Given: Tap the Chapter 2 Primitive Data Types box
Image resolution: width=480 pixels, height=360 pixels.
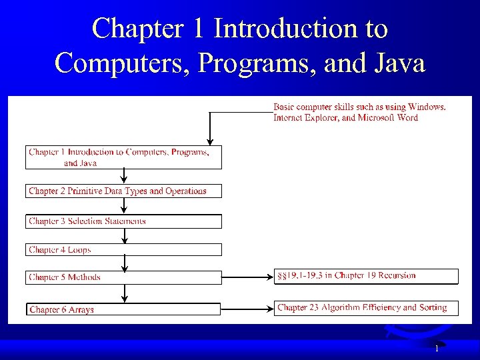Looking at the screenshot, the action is pos(123,191).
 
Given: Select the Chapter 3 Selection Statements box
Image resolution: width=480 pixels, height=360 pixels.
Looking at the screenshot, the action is pos(123,221).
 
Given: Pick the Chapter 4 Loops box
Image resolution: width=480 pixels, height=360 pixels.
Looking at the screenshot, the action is pos(123,250).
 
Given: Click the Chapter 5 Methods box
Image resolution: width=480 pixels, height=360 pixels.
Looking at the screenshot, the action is pos(123,277).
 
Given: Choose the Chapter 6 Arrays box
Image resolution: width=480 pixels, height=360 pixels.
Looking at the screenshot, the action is pos(123,309).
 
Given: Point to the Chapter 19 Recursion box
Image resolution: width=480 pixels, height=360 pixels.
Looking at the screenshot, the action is pos(366,275).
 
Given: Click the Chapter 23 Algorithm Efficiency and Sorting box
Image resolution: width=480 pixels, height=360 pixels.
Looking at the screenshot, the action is pos(366,308).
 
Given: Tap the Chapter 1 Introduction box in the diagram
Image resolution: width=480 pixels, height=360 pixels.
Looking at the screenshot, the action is pos(123,157).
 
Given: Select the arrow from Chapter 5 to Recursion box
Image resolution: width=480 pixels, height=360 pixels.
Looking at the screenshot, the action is pos(247,276).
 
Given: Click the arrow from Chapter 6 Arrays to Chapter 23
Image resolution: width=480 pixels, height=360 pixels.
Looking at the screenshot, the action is pos(247,308).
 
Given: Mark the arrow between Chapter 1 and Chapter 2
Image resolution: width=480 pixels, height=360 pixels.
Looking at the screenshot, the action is pos(124,176).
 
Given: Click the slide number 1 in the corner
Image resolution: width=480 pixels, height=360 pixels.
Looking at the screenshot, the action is pos(437,349).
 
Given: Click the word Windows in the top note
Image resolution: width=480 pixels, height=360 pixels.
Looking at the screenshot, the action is pos(426,107).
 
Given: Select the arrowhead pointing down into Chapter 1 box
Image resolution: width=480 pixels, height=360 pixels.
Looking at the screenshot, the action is pos(210,141).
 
